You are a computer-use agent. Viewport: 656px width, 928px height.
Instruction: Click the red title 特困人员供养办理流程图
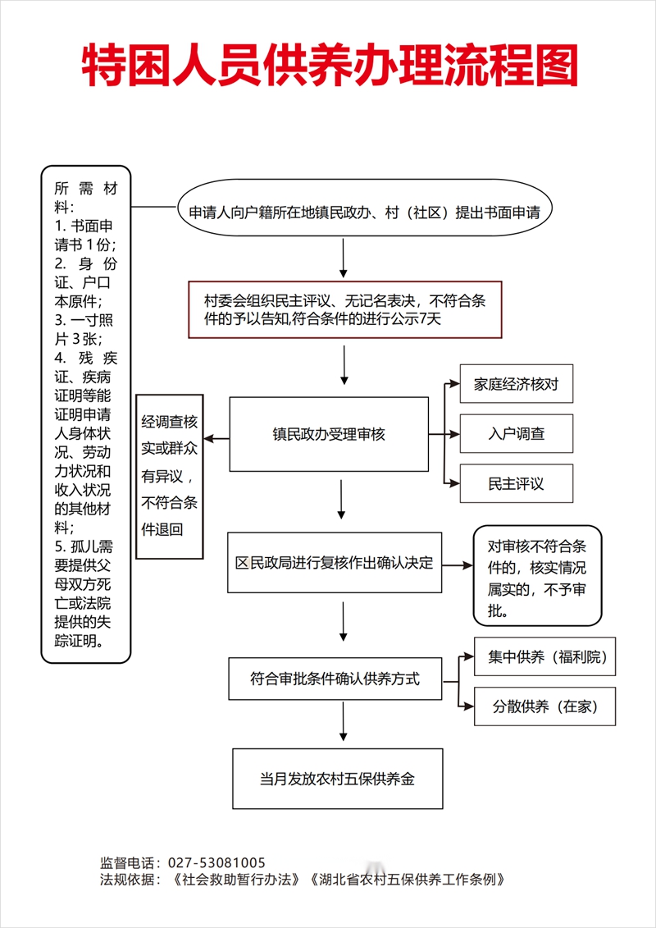[x=330, y=65]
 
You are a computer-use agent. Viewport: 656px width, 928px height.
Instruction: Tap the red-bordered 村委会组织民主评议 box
[x=345, y=309]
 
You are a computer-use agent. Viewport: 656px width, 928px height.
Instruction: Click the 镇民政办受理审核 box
[x=329, y=434]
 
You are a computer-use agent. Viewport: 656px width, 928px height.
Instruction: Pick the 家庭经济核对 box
[x=517, y=383]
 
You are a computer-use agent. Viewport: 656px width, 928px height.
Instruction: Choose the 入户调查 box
[x=517, y=434]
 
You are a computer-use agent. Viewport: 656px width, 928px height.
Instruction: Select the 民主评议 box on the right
[x=517, y=483]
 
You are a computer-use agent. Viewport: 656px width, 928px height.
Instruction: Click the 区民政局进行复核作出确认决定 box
[x=335, y=562]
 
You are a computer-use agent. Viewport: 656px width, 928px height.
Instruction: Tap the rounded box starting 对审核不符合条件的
[x=537, y=575]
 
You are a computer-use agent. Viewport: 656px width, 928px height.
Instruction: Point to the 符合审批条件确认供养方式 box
[x=335, y=679]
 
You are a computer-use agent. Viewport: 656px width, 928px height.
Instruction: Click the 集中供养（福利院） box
[x=544, y=656]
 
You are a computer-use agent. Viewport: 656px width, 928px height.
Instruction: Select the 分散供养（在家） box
[x=544, y=706]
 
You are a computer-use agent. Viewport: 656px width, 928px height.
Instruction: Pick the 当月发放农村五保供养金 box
[x=338, y=779]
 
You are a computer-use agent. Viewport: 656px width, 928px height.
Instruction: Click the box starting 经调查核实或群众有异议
[x=170, y=477]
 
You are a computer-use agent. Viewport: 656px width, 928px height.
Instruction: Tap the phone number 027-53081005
[x=217, y=862]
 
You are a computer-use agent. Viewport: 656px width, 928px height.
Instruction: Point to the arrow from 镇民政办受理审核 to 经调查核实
[x=216, y=438]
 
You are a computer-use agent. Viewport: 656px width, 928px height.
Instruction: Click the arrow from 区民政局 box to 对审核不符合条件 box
[x=458, y=566]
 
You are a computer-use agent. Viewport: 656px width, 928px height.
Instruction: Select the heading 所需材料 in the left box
[x=86, y=199]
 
